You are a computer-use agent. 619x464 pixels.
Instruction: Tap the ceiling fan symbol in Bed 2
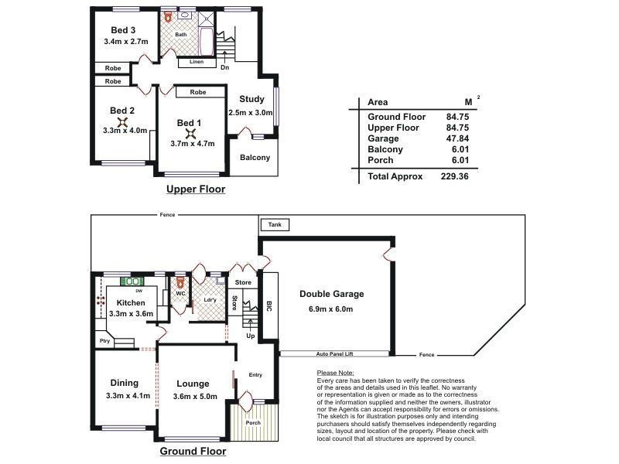point(122,121)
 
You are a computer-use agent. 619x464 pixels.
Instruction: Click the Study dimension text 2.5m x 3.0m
point(252,112)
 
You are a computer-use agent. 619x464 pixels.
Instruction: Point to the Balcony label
point(255,158)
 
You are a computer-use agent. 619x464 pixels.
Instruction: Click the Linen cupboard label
point(197,61)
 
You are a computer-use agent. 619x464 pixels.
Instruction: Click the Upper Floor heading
point(196,188)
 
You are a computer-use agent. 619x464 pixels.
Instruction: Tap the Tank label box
point(275,225)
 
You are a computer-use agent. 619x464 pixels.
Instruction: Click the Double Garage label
point(330,294)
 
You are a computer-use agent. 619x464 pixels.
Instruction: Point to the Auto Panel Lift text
point(334,353)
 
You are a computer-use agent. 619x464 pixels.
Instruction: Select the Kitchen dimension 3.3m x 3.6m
point(130,314)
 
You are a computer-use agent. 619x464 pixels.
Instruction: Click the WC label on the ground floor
point(180,294)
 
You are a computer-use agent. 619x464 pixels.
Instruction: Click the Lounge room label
point(192,383)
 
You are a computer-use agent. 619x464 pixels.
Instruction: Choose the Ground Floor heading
point(193,451)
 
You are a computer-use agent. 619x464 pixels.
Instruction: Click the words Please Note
point(335,373)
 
